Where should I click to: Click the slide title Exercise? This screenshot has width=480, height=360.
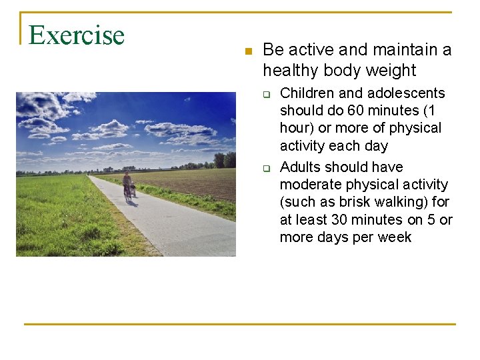pos(77,35)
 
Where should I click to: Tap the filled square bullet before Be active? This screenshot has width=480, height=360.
pos(247,51)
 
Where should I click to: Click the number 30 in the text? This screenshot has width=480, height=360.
pos(342,219)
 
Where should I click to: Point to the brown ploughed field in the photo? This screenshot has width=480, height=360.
pos(200,183)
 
